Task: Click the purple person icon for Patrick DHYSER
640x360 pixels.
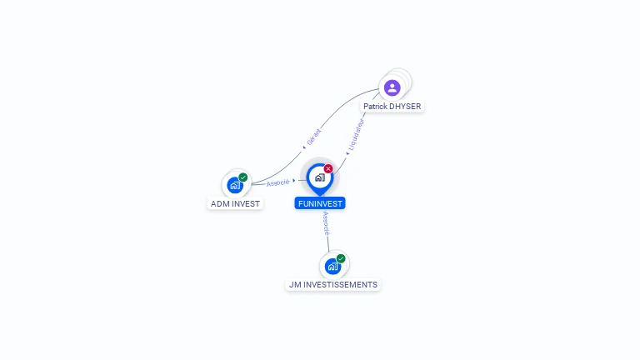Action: pos(392,87)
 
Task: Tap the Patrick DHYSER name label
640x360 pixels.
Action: pos(392,107)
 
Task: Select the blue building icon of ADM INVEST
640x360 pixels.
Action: pos(235,185)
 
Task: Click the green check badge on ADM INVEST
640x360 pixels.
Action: pos(243,177)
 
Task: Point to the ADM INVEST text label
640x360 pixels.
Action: pos(235,203)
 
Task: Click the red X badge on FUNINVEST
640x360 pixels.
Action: pos(328,168)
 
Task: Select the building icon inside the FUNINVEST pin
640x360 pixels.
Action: pos(320,177)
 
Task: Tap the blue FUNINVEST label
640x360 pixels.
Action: pos(320,203)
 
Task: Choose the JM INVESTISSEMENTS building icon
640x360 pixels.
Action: pos(333,267)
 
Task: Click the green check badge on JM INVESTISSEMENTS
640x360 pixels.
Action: pos(341,258)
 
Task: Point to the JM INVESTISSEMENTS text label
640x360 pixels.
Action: pos(333,284)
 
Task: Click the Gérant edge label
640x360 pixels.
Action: pos(314,137)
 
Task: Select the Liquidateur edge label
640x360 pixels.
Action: pos(356,135)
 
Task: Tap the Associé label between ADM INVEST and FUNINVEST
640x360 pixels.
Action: pos(278,182)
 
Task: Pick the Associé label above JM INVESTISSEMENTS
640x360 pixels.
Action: pos(326,223)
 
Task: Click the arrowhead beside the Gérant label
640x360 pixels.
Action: pos(304,147)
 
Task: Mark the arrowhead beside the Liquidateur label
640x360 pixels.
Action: pos(347,153)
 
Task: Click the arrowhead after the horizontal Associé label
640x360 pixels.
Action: pos(294,180)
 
